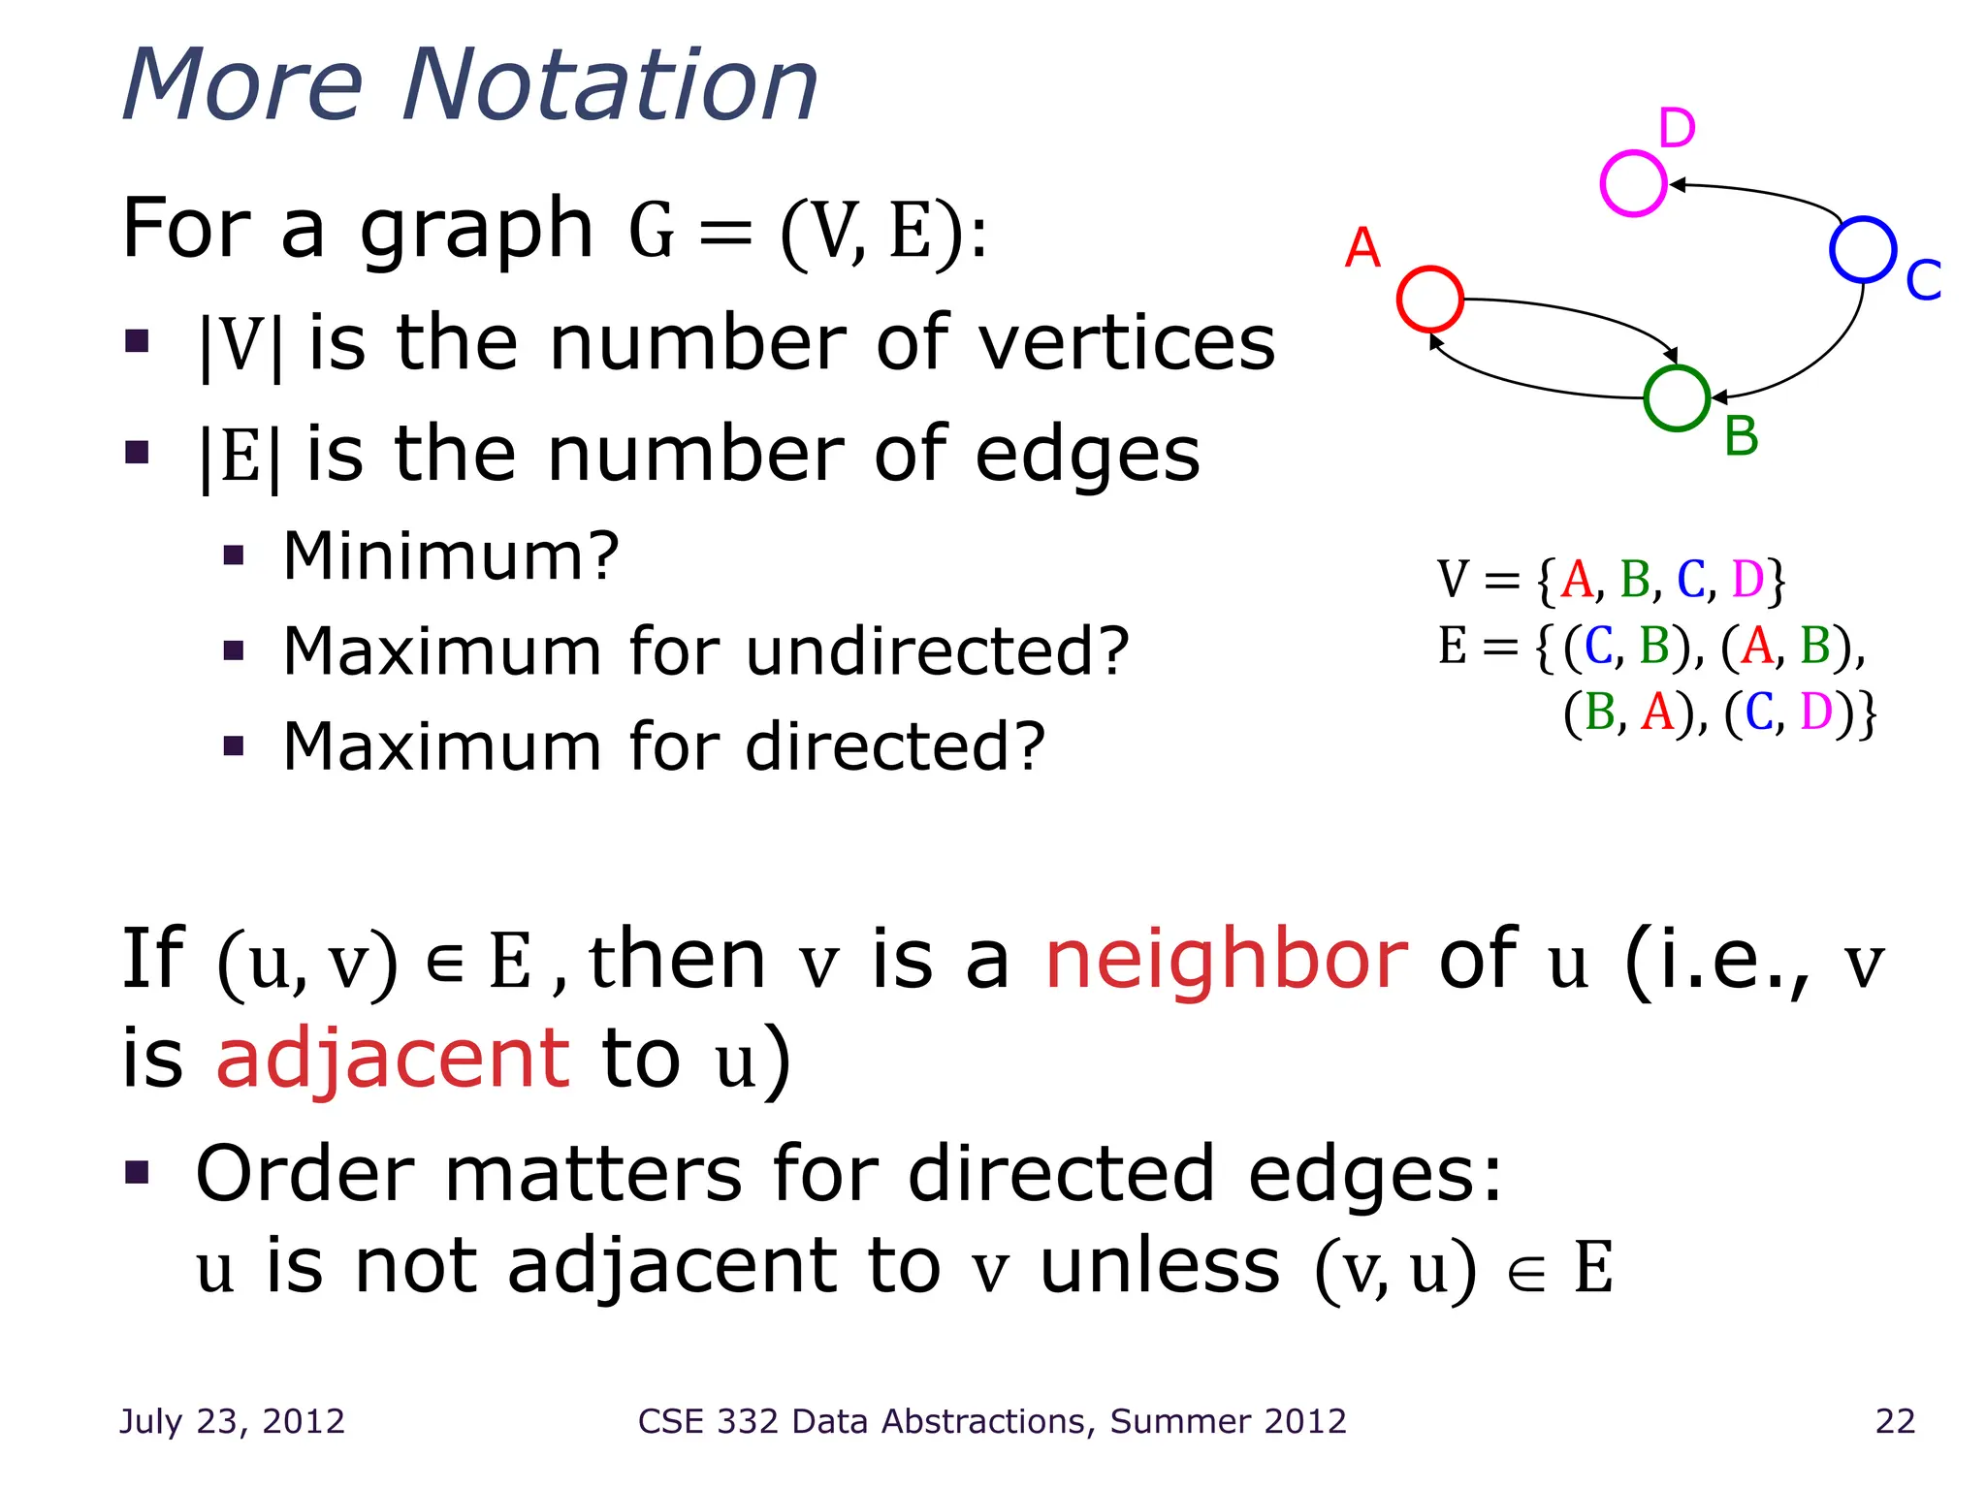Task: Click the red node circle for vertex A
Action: (1429, 299)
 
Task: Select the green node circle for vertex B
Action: (1677, 398)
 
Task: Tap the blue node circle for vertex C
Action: (1863, 249)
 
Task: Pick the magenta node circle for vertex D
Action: (1633, 183)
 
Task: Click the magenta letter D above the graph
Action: (1677, 128)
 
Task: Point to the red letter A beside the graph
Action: (1361, 248)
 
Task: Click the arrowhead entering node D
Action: (1677, 184)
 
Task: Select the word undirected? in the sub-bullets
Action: (938, 650)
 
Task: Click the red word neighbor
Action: (1226, 960)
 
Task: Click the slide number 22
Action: (1895, 1421)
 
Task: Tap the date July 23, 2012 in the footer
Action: (232, 1421)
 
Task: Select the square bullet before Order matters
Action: (138, 1173)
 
